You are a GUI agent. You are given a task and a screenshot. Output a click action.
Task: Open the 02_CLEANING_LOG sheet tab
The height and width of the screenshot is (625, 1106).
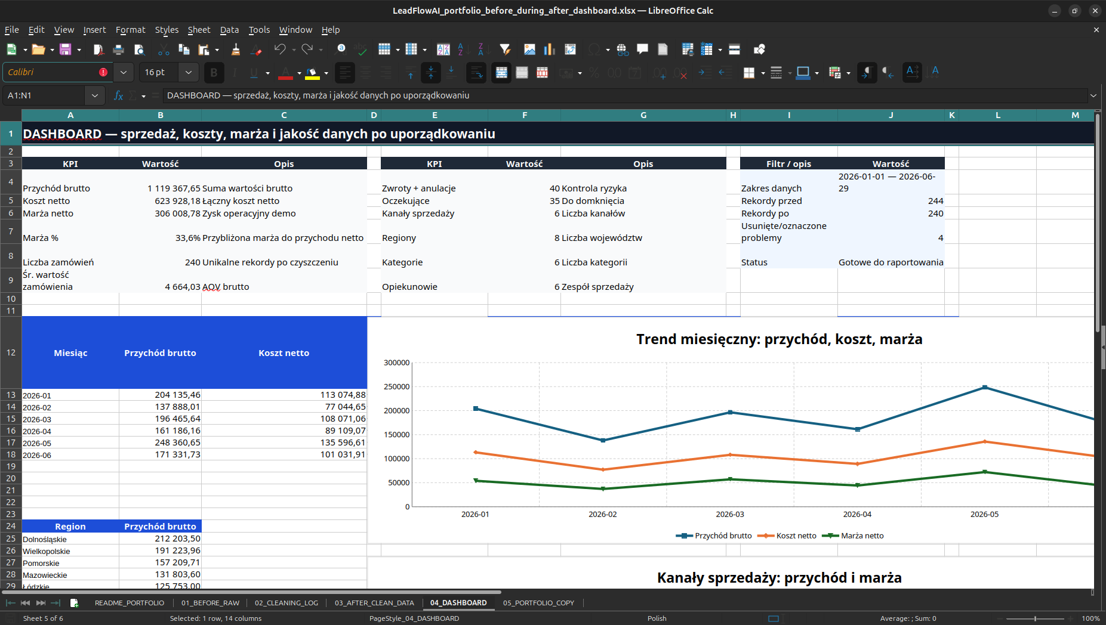pos(286,603)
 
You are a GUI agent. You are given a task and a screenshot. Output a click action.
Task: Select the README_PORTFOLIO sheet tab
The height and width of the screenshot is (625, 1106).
pos(130,603)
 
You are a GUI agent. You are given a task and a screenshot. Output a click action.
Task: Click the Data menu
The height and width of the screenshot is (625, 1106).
pos(229,30)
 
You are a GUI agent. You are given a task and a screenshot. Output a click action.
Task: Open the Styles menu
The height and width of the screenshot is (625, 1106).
pos(167,30)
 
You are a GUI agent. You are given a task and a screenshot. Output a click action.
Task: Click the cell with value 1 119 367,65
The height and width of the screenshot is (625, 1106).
pos(174,188)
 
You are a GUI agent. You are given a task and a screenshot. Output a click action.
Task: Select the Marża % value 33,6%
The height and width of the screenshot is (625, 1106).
pos(187,238)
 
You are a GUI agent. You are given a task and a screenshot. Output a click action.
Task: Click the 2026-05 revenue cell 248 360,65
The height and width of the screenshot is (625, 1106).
pos(177,443)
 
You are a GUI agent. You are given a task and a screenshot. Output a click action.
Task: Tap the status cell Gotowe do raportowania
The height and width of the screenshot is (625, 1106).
pos(891,262)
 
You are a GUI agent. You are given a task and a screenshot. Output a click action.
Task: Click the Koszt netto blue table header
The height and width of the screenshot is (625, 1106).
pos(284,353)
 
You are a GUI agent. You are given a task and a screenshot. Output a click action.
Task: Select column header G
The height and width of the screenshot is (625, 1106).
pos(643,115)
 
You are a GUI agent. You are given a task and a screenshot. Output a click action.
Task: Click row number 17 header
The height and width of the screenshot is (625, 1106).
pos(11,443)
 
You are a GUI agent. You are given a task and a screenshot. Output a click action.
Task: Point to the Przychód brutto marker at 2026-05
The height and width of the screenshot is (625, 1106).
pos(985,388)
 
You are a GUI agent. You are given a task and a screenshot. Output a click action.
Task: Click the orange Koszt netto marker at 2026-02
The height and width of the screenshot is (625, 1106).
pos(603,469)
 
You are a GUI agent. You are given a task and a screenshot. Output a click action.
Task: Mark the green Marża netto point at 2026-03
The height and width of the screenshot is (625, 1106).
pos(730,479)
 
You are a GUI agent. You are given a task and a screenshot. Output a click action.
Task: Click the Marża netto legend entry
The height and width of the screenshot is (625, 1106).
pos(853,536)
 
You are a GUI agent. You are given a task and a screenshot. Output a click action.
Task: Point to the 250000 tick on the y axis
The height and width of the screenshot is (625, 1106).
pos(396,386)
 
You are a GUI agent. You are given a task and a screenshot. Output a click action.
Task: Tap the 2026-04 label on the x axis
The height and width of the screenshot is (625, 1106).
pos(857,514)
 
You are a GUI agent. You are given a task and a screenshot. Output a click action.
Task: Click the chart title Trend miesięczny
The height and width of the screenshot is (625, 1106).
pos(779,339)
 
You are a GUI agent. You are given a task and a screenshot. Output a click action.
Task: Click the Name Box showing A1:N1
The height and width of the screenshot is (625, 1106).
pos(45,95)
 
